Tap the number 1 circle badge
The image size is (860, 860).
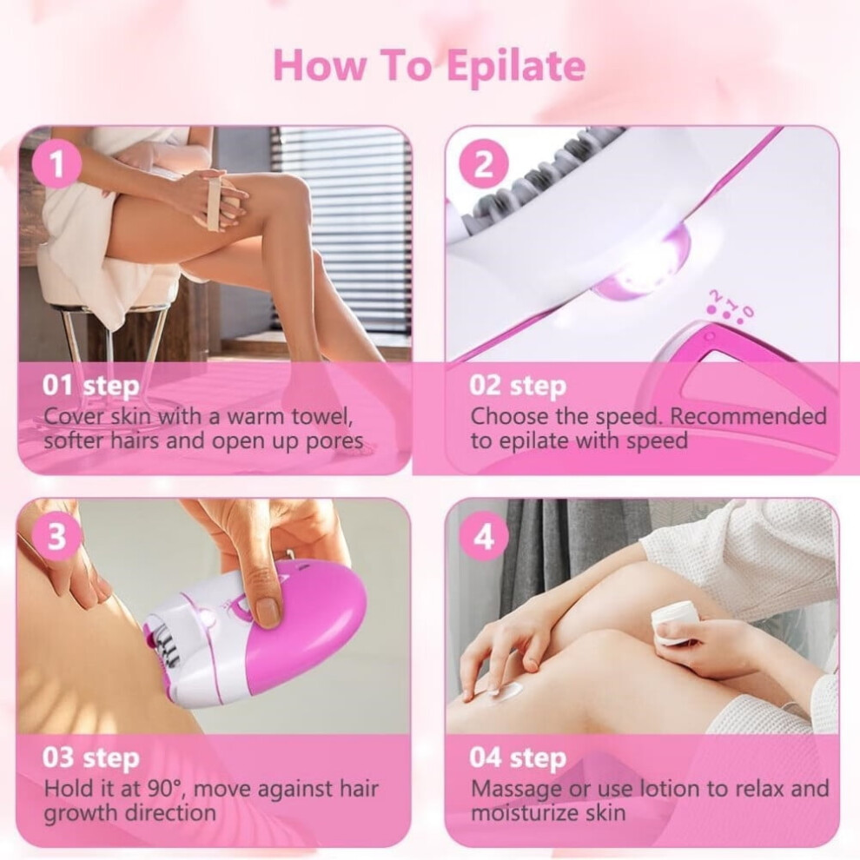57,163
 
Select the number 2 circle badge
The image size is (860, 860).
483,163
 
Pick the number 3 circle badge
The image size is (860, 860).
57,536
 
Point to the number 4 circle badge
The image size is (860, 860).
483,536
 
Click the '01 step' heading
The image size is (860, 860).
90,387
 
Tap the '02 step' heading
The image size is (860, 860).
517,387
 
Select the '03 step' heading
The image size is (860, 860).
90,758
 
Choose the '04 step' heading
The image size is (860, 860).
517,758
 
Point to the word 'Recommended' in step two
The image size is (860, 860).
748,416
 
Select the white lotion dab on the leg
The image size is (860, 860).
511,691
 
